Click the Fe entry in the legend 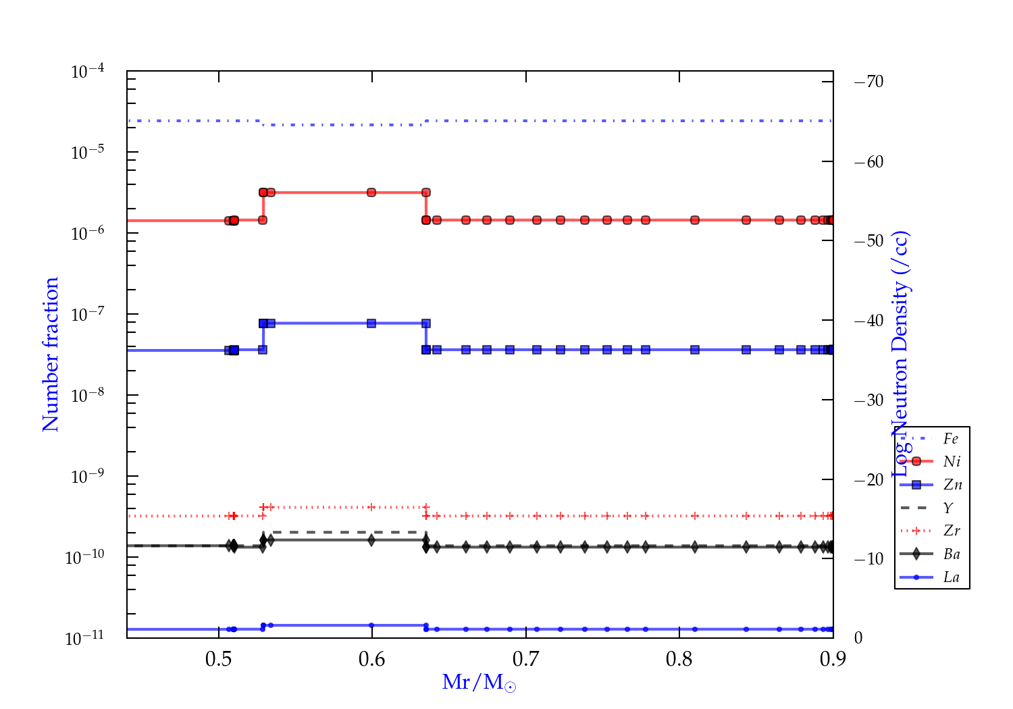950,439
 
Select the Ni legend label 952,462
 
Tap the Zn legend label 952,485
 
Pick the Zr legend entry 952,531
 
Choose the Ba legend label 952,554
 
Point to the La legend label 951,577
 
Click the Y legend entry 948,508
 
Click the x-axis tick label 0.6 372,659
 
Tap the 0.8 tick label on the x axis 679,659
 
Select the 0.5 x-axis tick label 219,659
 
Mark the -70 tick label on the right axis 868,82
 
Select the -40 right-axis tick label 868,320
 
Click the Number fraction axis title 51,354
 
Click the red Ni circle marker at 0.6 371,192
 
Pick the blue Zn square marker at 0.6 371,323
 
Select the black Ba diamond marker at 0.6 371,540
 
